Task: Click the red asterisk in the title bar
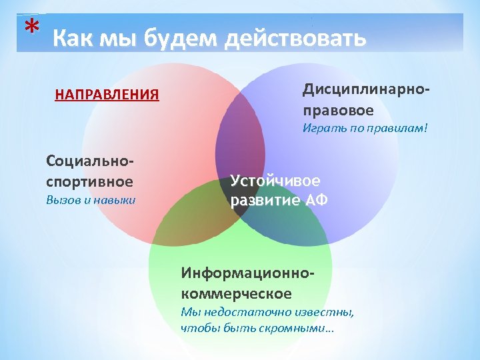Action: coord(31,28)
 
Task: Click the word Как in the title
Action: coord(72,39)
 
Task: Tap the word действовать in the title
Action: coord(295,39)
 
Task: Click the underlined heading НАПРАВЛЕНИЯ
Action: coord(107,94)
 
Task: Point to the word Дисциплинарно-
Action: coord(366,89)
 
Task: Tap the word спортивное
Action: coord(89,181)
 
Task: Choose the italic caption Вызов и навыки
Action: coord(91,199)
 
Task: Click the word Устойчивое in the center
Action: coord(275,180)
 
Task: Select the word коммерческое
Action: coord(236,293)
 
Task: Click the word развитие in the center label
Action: coord(261,201)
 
